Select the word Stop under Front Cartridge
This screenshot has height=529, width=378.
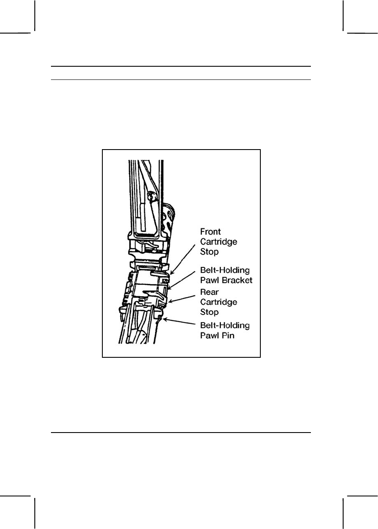pyautogui.click(x=209, y=252)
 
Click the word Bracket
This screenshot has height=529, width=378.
pyautogui.click(x=239, y=280)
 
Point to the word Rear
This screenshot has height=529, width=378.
pyautogui.click(x=209, y=293)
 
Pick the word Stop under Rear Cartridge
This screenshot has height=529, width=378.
pyautogui.click(x=209, y=312)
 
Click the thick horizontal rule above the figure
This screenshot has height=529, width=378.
pyautogui.click(x=181, y=66)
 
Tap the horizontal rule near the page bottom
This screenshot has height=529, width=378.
pyautogui.click(x=181, y=433)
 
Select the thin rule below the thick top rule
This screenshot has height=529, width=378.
pyautogui.click(x=181, y=79)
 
